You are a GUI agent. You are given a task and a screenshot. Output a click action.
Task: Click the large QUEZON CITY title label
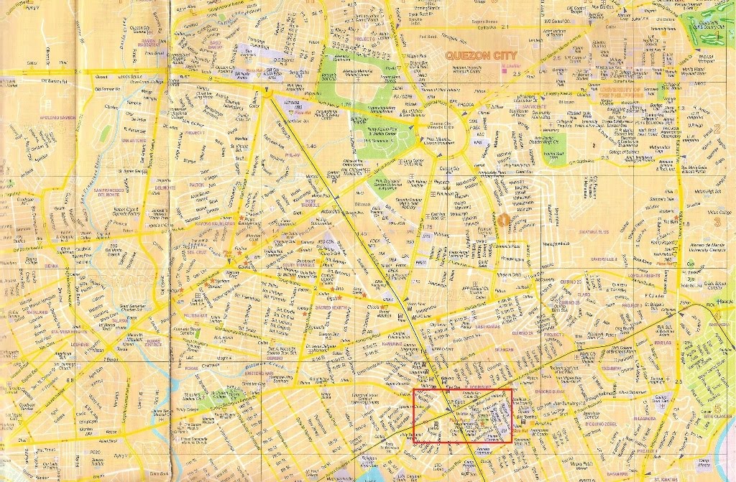pos(480,55)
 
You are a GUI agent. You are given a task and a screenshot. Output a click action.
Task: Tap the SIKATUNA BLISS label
pos(594,231)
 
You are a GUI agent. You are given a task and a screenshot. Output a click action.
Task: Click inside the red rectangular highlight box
pos(462,415)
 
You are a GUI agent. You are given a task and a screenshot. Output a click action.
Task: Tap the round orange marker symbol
pos(505,220)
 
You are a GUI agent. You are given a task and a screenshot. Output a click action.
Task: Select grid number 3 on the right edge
pos(717,221)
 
